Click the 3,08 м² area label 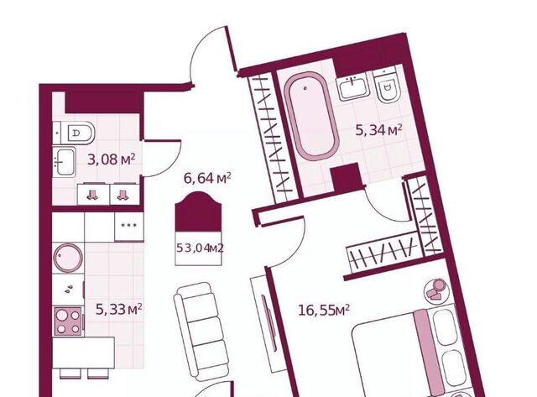tap(112, 159)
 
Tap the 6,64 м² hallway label tap(207, 178)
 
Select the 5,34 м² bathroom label tap(378, 130)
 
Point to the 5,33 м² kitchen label tap(119, 310)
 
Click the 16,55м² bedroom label tap(324, 311)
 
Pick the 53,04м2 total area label tap(200, 248)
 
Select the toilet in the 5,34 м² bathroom tap(386, 85)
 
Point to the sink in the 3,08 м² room tap(64, 162)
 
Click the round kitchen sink tap(68, 258)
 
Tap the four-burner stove tap(68, 321)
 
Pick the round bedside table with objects tap(435, 290)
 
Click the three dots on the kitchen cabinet tap(129, 225)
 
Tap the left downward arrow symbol tap(92, 196)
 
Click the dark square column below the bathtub tap(347, 177)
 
